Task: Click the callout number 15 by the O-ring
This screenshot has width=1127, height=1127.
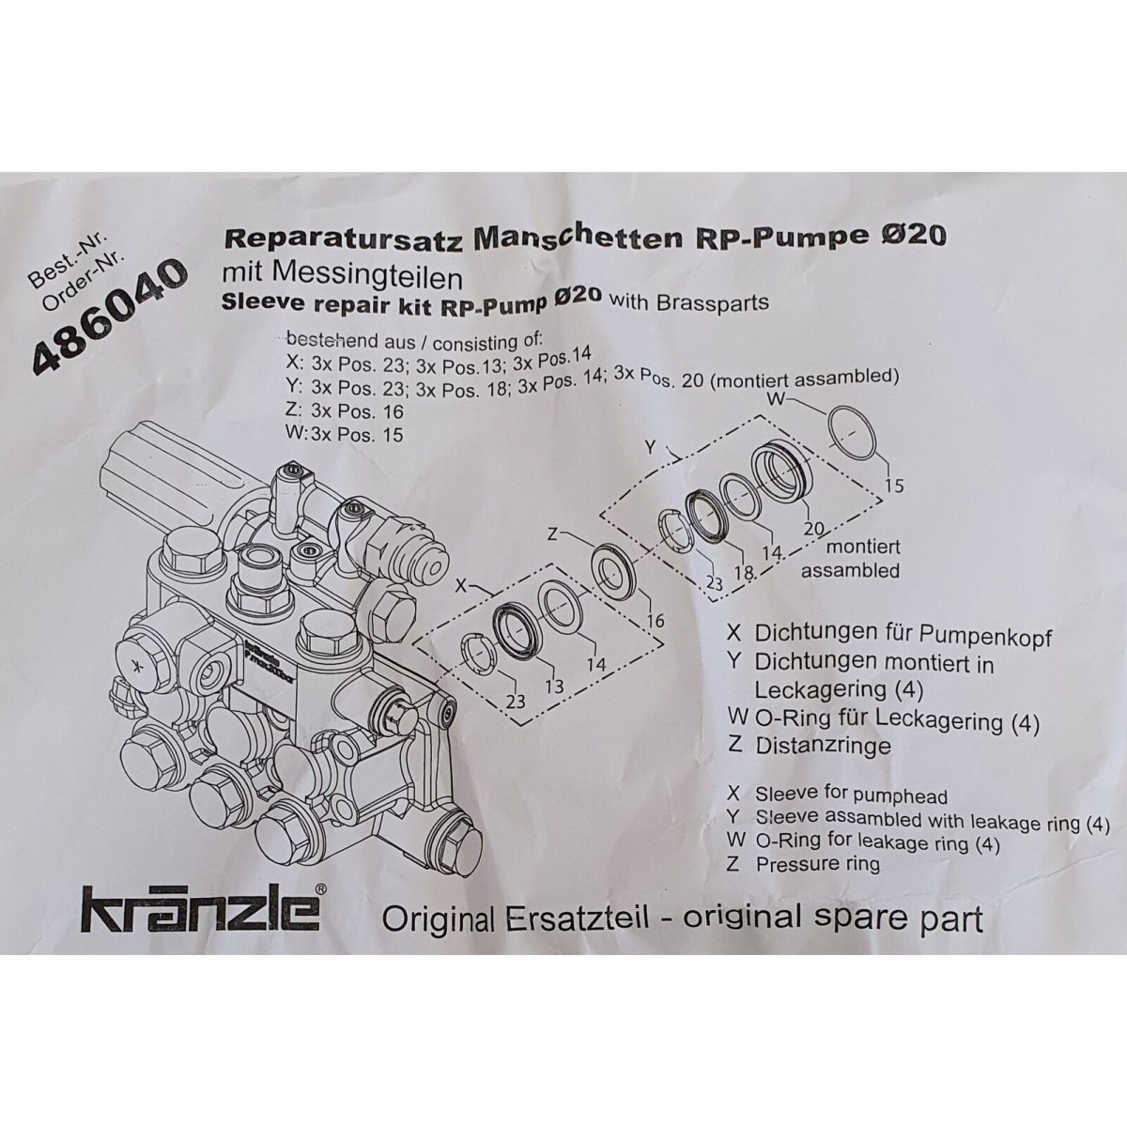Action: coord(894,486)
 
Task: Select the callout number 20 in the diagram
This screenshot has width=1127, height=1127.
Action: coord(813,529)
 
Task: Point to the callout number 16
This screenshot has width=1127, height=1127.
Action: coord(655,621)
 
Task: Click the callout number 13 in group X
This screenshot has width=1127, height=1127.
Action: coord(554,686)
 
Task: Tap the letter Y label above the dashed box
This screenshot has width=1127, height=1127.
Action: coord(650,448)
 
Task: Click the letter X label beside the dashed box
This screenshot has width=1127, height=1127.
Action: coord(461,584)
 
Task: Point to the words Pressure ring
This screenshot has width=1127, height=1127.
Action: coord(818,864)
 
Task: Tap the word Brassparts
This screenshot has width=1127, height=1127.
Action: coord(715,301)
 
